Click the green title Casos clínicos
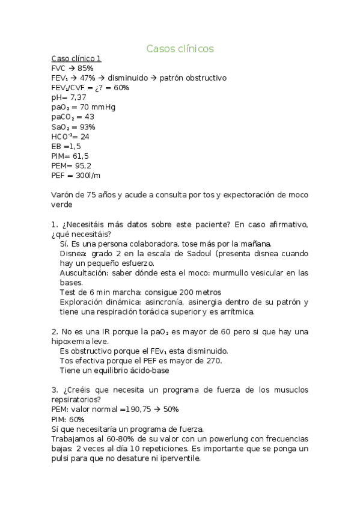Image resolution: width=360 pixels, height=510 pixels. coord(180,48)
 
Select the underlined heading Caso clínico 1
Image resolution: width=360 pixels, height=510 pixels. coord(76,59)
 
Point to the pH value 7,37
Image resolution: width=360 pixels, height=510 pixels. coord(78,97)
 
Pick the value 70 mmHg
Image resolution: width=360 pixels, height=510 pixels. coord(96,107)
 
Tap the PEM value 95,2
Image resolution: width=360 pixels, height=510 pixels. coord(81,165)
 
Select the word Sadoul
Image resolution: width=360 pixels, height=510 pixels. coord(197,253)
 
